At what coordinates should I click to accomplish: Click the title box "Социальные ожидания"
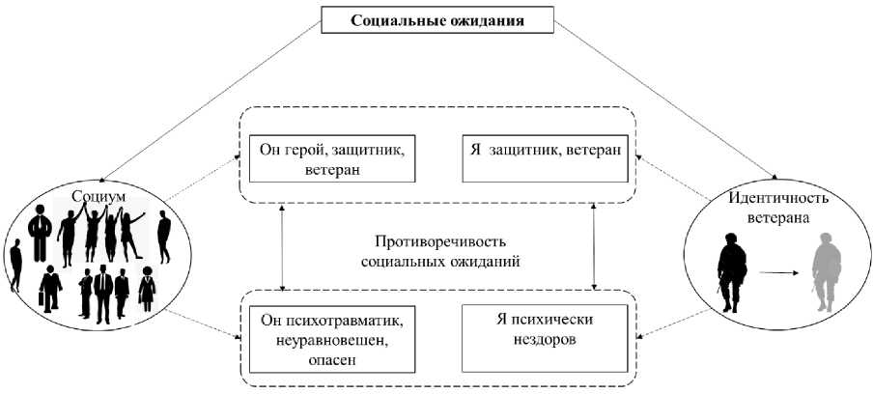437,19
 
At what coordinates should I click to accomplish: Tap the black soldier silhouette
730,272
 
